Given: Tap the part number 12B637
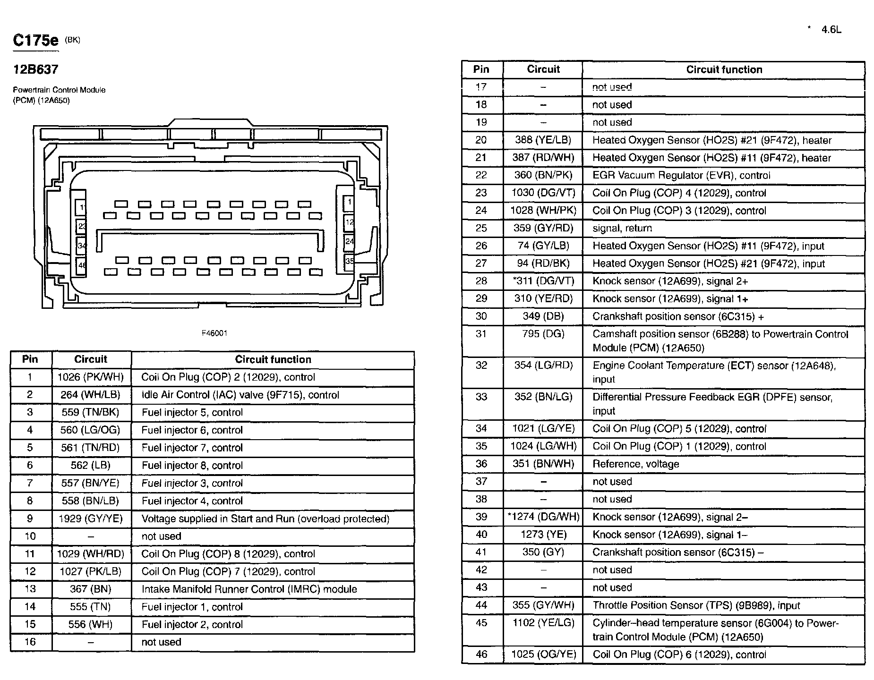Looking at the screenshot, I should [x=35, y=69].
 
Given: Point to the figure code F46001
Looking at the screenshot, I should [x=214, y=333].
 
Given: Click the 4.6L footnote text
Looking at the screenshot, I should [x=831, y=30].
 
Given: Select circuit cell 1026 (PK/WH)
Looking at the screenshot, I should [x=91, y=377].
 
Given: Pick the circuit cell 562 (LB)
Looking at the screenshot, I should [x=91, y=465].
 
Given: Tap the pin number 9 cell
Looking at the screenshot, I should [x=30, y=518].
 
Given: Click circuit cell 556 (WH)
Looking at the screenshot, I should [x=91, y=624].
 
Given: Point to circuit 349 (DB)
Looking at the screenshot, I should [x=543, y=316].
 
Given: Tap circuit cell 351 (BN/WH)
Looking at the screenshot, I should [x=543, y=464].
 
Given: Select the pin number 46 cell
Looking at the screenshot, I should [x=481, y=654].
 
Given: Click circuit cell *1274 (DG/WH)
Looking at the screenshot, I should [x=543, y=517].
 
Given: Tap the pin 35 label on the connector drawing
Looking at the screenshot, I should [x=349, y=261].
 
